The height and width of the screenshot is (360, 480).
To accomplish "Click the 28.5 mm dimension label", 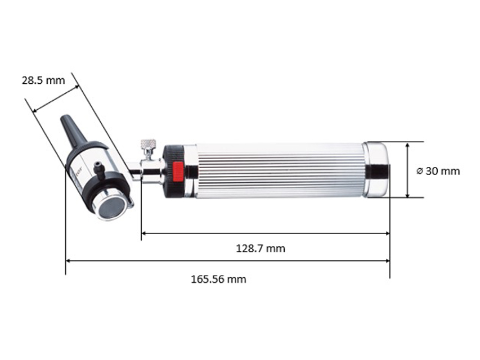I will click(43, 80).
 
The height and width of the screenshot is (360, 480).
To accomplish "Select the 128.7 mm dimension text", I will click(260, 248).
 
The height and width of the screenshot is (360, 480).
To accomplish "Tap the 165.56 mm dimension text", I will click(218, 279).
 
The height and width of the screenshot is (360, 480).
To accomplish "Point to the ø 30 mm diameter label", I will click(438, 171).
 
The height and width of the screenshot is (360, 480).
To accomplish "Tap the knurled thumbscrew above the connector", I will click(147, 146).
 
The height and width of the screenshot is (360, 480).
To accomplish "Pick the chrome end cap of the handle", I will click(376, 170).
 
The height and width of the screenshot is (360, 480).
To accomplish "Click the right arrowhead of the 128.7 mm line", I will click(387, 232).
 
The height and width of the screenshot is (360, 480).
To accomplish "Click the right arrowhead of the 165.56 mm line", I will click(387, 260).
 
